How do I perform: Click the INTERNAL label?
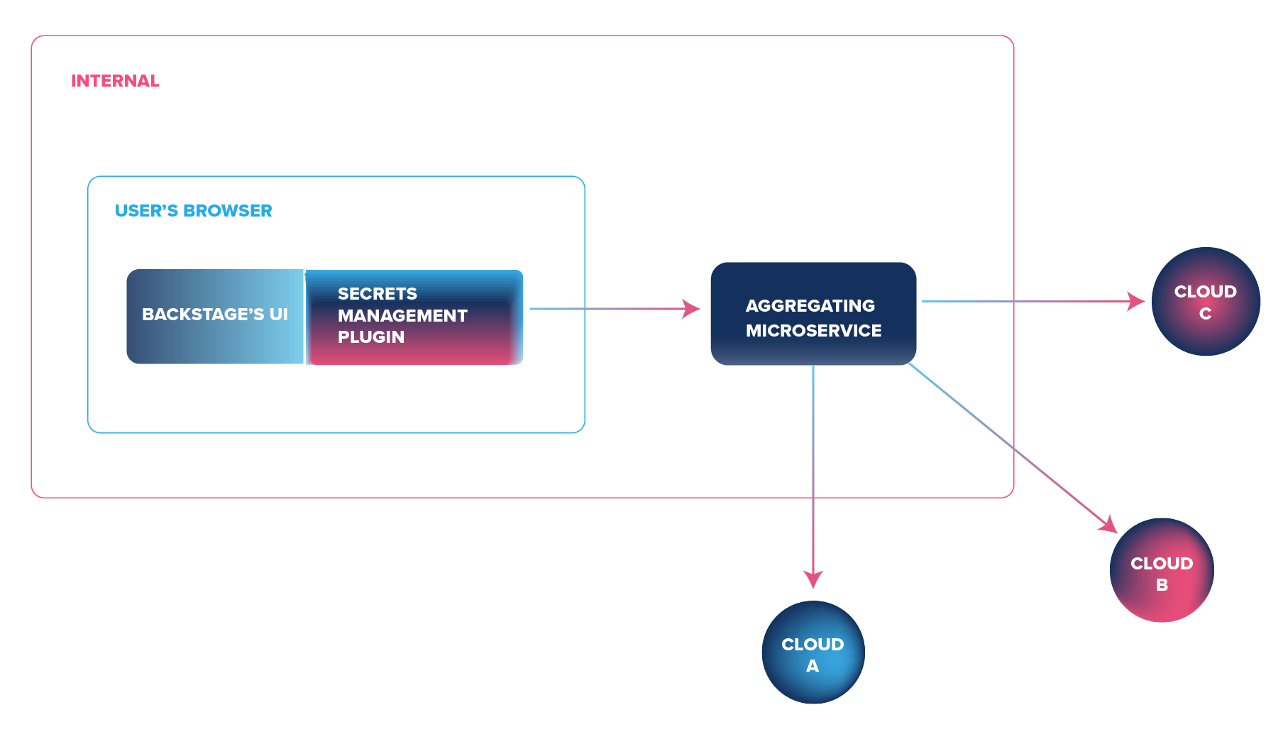pos(115,81)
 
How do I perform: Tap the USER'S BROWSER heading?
pos(193,211)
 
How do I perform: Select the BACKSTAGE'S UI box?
pos(215,315)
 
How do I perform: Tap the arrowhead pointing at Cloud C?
pos(1136,301)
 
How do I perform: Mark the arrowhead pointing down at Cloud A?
pos(813,579)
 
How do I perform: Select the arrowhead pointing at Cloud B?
pos(1108,525)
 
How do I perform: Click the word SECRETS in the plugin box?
pos(378,294)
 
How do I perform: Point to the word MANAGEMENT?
pos(402,316)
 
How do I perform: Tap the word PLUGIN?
pos(371,337)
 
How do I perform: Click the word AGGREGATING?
pos(810,306)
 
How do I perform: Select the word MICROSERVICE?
pos(813,331)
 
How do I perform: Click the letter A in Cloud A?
pos(813,666)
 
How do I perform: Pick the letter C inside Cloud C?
pos(1205,314)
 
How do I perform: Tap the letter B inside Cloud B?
pos(1162,585)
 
